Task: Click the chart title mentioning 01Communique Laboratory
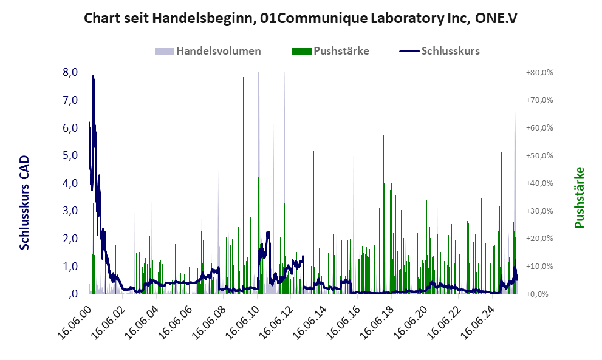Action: click(x=301, y=19)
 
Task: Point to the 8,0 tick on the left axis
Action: click(x=70, y=72)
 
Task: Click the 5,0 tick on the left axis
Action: click(x=70, y=155)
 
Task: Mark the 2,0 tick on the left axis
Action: click(x=70, y=239)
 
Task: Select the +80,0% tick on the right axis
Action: click(x=539, y=72)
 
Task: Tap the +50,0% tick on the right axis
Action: click(x=539, y=155)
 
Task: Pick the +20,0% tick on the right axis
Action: click(x=539, y=239)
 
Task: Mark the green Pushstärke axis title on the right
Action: click(x=579, y=197)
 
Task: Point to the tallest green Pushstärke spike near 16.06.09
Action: click(x=243, y=79)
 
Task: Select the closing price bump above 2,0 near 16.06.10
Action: click(x=268, y=233)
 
